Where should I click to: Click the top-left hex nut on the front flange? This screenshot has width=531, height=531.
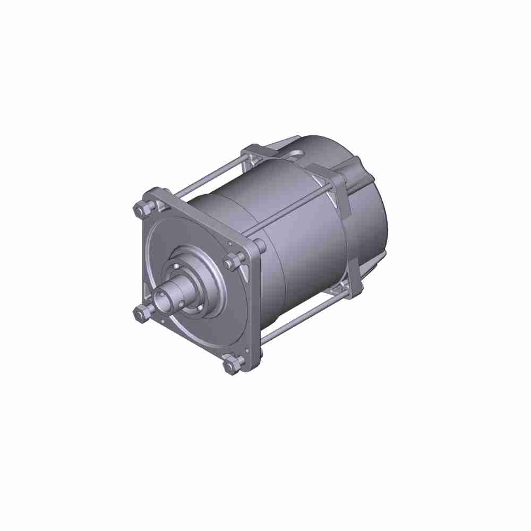tap(141, 210)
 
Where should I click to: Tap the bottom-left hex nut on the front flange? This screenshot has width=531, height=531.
tap(140, 314)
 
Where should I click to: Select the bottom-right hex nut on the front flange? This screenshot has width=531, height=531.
tap(232, 366)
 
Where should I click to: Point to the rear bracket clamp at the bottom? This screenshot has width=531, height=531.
tap(348, 289)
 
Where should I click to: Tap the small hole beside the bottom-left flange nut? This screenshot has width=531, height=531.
tap(158, 321)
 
